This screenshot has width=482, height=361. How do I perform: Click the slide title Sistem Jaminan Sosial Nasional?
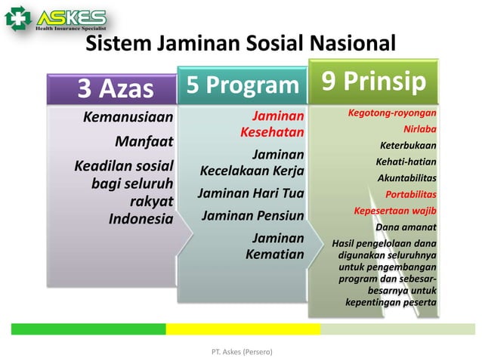(x=240, y=43)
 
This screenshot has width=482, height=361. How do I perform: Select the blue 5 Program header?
(x=243, y=85)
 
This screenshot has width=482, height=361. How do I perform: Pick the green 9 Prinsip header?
(x=373, y=81)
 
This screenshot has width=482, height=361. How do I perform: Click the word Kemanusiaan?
(x=128, y=117)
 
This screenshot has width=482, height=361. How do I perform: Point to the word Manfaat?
(x=144, y=141)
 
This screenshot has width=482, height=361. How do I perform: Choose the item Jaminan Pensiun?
(x=252, y=216)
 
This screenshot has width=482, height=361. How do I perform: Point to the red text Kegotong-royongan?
(x=392, y=113)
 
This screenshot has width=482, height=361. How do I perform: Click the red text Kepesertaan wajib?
(x=395, y=210)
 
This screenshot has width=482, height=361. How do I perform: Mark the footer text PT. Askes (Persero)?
(x=240, y=352)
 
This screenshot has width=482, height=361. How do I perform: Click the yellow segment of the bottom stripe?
(x=243, y=329)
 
